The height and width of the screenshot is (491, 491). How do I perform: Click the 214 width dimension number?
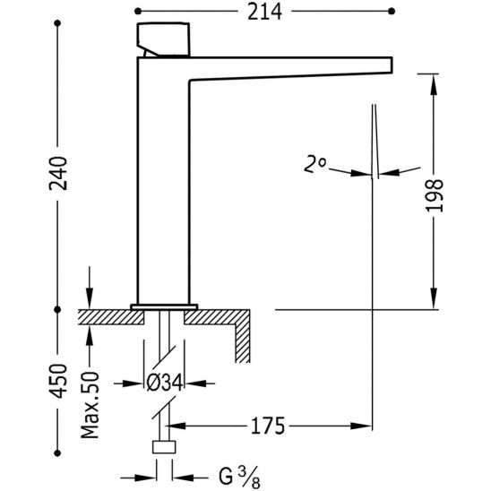[x=264, y=13]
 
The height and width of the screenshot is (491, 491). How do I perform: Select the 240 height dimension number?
[x=58, y=174]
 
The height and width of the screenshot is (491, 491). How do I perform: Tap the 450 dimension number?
[x=58, y=381]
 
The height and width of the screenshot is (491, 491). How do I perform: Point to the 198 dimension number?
[x=434, y=195]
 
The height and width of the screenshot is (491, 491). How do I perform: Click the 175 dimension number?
[x=268, y=426]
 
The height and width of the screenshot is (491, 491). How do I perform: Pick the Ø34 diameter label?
[x=165, y=383]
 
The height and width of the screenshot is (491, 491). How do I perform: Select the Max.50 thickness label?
[x=90, y=405]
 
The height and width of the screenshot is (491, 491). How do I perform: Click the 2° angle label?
[x=314, y=165]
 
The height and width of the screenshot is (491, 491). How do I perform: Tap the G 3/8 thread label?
[x=239, y=477]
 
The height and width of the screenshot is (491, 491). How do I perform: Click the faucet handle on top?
[x=163, y=39]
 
